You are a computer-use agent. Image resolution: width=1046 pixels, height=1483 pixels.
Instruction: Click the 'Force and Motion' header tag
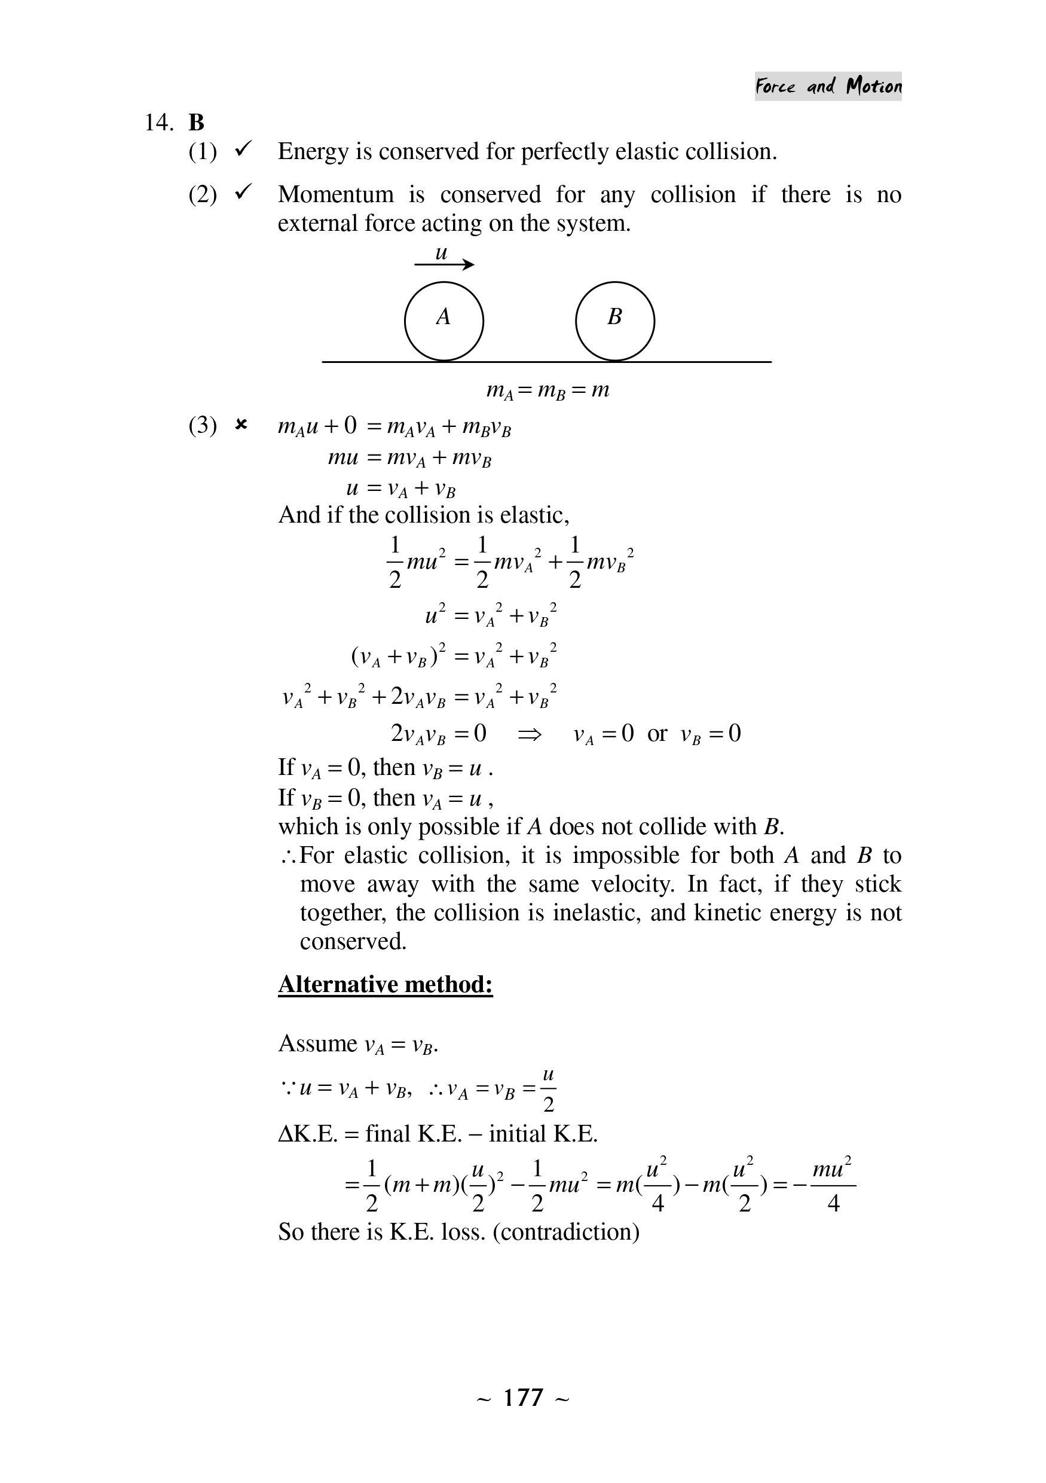tap(828, 86)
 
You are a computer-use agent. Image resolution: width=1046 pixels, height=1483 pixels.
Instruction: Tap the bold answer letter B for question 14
tap(196, 122)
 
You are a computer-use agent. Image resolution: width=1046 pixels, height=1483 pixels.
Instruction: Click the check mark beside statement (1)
tap(243, 150)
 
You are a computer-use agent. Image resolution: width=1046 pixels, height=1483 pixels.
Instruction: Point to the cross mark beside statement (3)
tap(241, 425)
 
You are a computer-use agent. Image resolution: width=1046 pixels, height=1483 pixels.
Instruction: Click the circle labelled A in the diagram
tap(444, 321)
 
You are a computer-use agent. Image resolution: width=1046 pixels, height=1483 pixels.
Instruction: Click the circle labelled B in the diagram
tap(614, 321)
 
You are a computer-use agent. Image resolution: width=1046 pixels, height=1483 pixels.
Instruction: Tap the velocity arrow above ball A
tap(444, 264)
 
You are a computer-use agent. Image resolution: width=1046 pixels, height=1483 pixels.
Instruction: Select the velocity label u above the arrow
tap(441, 252)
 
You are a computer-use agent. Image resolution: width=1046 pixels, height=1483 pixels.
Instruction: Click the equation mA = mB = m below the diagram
tap(548, 390)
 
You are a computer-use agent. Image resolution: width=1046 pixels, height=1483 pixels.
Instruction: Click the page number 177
tap(523, 1397)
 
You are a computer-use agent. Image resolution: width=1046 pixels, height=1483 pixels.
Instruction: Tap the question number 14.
tap(159, 122)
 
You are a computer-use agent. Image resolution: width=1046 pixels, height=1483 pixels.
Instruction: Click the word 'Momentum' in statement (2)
tap(335, 194)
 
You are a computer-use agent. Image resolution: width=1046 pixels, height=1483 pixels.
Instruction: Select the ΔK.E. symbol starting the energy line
tap(308, 1134)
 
